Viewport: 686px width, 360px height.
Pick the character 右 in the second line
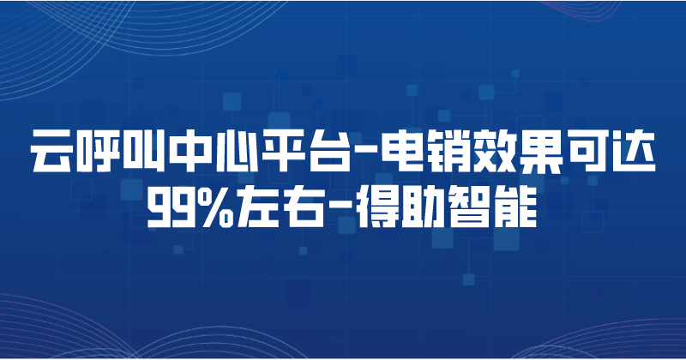tap(311, 206)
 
